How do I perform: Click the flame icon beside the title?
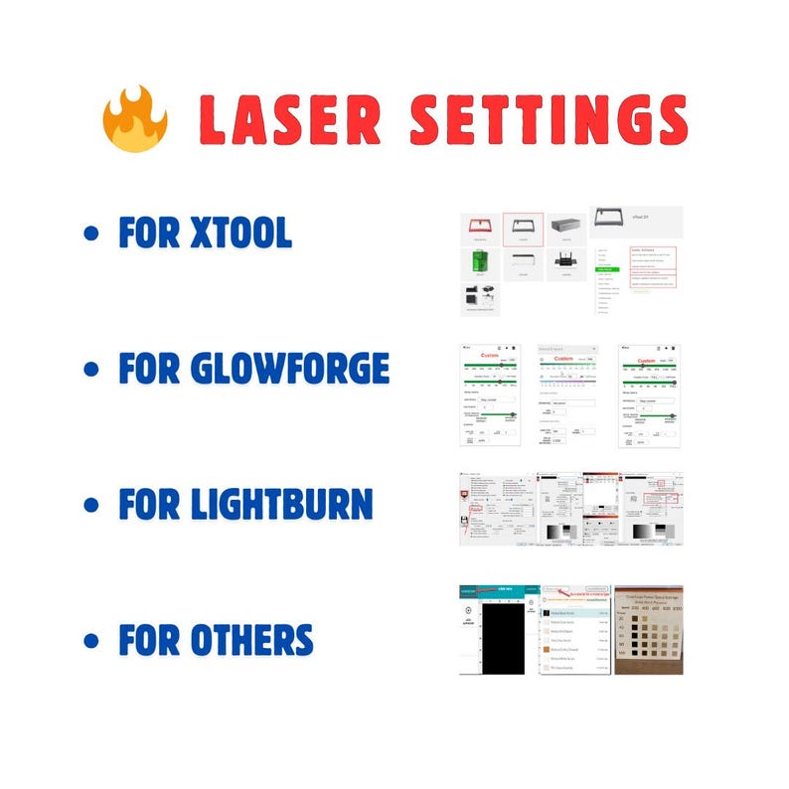(x=135, y=118)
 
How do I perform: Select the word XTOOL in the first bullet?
(x=241, y=233)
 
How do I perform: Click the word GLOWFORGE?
(x=289, y=369)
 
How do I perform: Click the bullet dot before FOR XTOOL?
(x=93, y=235)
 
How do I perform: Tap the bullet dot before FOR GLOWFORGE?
(x=93, y=370)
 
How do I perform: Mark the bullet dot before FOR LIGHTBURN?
(x=93, y=505)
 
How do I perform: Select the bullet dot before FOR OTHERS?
(x=93, y=639)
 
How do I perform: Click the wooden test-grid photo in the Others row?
(x=648, y=630)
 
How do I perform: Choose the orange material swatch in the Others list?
(x=550, y=649)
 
